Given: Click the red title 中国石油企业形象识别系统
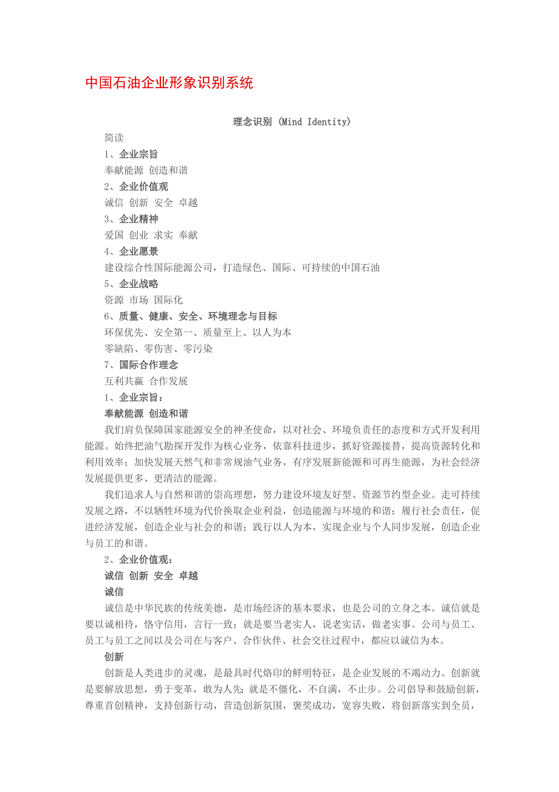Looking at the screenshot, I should tap(169, 83).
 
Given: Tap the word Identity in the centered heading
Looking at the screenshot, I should tap(328, 122).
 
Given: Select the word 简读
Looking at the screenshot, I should tap(114, 138).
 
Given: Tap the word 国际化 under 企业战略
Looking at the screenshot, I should tap(168, 300).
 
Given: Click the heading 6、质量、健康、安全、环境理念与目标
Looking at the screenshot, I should tap(191, 316).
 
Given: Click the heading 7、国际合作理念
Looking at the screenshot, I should tap(141, 365).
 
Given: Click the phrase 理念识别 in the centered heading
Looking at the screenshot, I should tap(253, 122).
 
